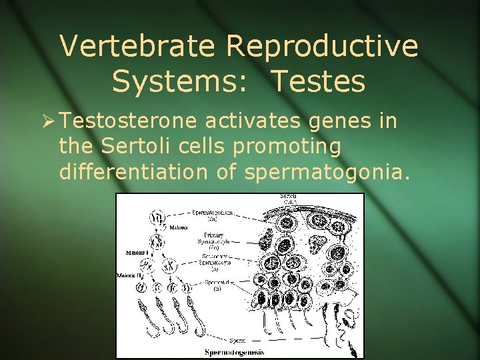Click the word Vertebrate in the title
point(138,47)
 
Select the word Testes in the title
point(318,81)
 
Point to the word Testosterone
point(129,121)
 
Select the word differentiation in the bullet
point(135,172)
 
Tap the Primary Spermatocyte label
point(213,238)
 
